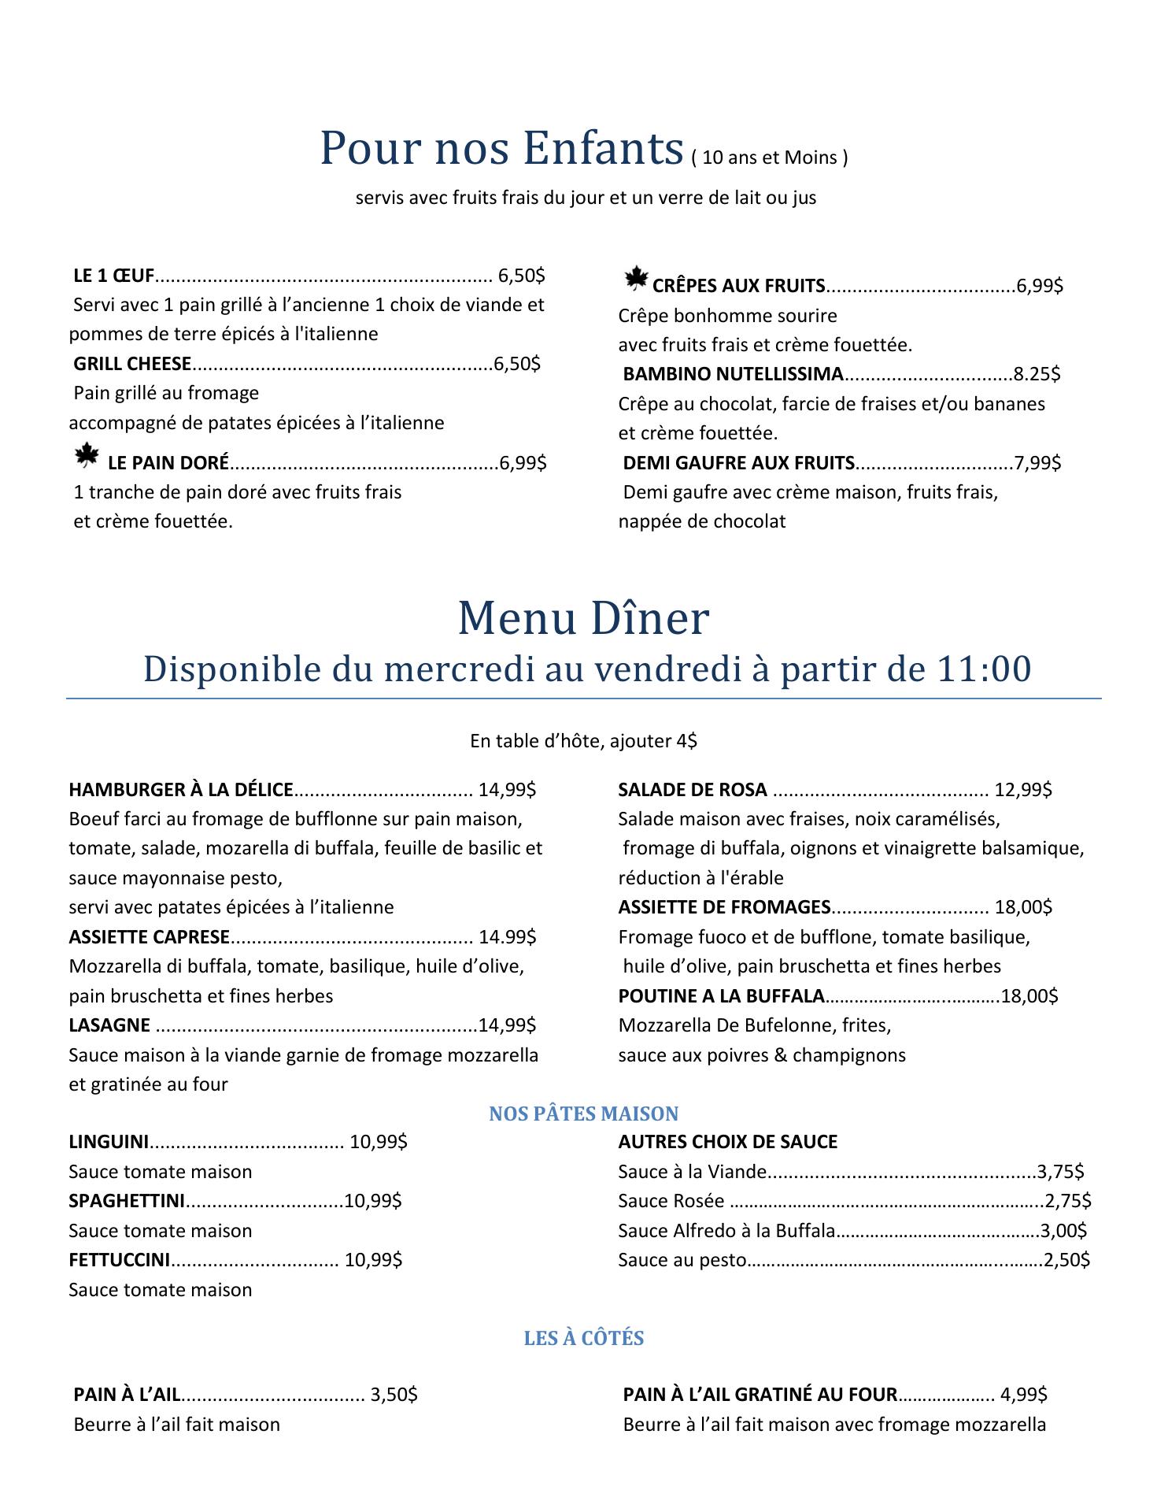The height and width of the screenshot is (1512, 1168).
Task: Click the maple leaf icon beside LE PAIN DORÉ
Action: [x=86, y=456]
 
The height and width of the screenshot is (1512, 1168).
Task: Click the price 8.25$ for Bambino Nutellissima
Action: [x=1037, y=374]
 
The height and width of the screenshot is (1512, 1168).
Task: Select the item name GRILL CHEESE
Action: [x=132, y=364]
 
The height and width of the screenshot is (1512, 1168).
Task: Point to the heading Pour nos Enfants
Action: [x=501, y=148]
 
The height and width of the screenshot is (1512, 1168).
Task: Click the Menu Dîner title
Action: [x=583, y=619]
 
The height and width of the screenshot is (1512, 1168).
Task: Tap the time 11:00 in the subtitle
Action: [x=984, y=669]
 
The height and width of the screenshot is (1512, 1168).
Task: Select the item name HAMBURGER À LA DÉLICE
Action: [x=181, y=790]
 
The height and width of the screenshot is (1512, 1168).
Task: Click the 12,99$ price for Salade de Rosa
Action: [x=1023, y=790]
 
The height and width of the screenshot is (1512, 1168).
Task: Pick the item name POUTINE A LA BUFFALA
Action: [x=721, y=996]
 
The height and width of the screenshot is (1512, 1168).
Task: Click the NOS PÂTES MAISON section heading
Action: [x=583, y=1114]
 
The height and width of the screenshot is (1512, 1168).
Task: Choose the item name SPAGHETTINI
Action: [x=127, y=1201]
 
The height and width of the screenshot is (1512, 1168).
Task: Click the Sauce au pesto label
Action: [x=682, y=1260]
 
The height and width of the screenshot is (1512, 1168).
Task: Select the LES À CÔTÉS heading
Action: [x=583, y=1339]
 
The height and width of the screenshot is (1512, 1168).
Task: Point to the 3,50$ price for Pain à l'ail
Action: [x=394, y=1395]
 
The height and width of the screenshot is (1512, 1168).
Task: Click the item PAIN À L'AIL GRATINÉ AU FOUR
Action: [x=760, y=1395]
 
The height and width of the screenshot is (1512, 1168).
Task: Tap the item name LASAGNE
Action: [x=109, y=1025]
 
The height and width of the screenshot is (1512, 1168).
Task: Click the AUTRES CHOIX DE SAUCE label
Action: [x=727, y=1142]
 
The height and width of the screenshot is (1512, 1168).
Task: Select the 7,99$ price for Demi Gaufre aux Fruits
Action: [x=1037, y=463]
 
